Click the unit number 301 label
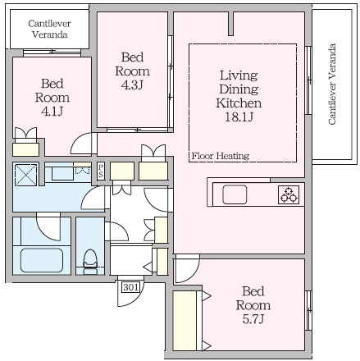131,287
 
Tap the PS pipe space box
101,171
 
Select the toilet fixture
90,262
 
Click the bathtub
42,260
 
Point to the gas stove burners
289,194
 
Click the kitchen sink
235,194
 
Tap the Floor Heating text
221,156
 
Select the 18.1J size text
239,117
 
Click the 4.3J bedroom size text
132,85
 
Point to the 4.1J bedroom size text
52,112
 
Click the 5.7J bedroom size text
253,319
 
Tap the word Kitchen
239,103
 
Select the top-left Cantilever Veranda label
49,29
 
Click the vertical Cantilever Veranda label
331,84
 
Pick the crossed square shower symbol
25,175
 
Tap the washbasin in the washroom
62,173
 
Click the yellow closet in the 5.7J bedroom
185,321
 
